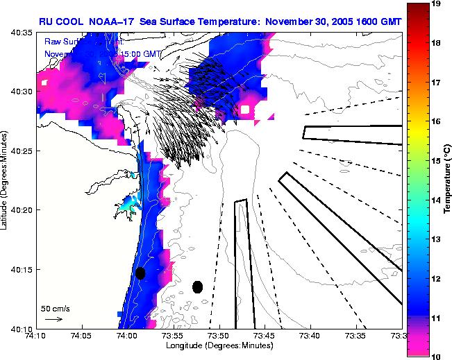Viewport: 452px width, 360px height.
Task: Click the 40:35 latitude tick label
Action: pyautogui.click(x=21, y=33)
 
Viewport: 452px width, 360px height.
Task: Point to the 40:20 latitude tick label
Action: pyautogui.click(x=21, y=209)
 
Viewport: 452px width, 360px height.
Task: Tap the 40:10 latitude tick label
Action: pyautogui.click(x=21, y=327)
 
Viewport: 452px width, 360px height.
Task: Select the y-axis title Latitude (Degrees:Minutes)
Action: pyautogui.click(x=5, y=180)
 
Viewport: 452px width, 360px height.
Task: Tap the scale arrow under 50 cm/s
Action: pyautogui.click(x=53, y=319)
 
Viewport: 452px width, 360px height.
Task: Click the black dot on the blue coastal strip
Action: pyautogui.click(x=140, y=273)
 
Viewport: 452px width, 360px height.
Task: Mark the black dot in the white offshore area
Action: pyautogui.click(x=197, y=286)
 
